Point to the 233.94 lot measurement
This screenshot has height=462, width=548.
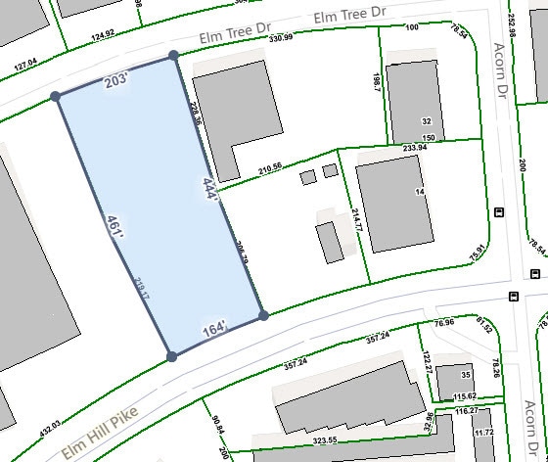click(x=415, y=148)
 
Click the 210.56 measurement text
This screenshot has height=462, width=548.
click(x=269, y=168)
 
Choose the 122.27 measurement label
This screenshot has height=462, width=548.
click(x=428, y=364)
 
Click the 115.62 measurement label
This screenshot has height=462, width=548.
click(x=464, y=396)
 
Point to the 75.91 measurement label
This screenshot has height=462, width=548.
click(x=476, y=252)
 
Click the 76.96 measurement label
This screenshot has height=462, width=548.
click(x=444, y=322)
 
